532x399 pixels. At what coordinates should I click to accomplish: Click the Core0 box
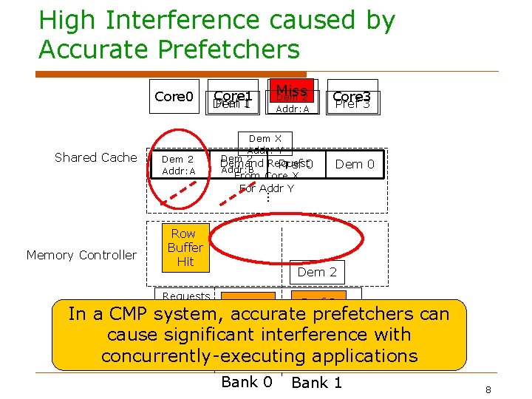(174, 98)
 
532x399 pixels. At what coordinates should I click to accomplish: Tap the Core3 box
(352, 98)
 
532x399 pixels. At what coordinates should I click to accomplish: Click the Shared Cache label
(96, 157)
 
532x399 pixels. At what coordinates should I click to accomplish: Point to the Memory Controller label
(81, 255)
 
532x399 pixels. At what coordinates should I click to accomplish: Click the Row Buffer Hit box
(185, 248)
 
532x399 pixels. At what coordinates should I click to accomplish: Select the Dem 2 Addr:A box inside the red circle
(178, 165)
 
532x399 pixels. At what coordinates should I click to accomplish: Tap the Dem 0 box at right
(355, 164)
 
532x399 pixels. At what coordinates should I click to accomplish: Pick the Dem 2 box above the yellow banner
(317, 272)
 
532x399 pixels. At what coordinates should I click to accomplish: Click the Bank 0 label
(247, 382)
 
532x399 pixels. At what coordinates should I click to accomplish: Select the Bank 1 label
(317, 383)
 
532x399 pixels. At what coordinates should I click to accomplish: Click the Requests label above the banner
(186, 296)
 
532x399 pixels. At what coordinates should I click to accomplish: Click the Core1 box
(233, 98)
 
